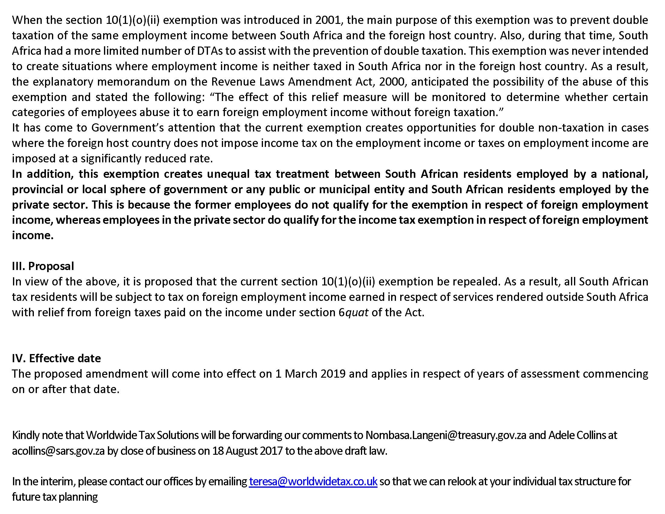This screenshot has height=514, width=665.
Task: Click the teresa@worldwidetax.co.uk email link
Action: tap(313, 481)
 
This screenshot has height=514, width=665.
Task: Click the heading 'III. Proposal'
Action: tap(43, 266)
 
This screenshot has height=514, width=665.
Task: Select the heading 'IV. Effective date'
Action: tap(56, 358)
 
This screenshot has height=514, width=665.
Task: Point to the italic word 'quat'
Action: tap(357, 312)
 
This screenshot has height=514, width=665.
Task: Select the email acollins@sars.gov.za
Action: tap(58, 451)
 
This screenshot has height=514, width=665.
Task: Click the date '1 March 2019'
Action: tap(310, 374)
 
